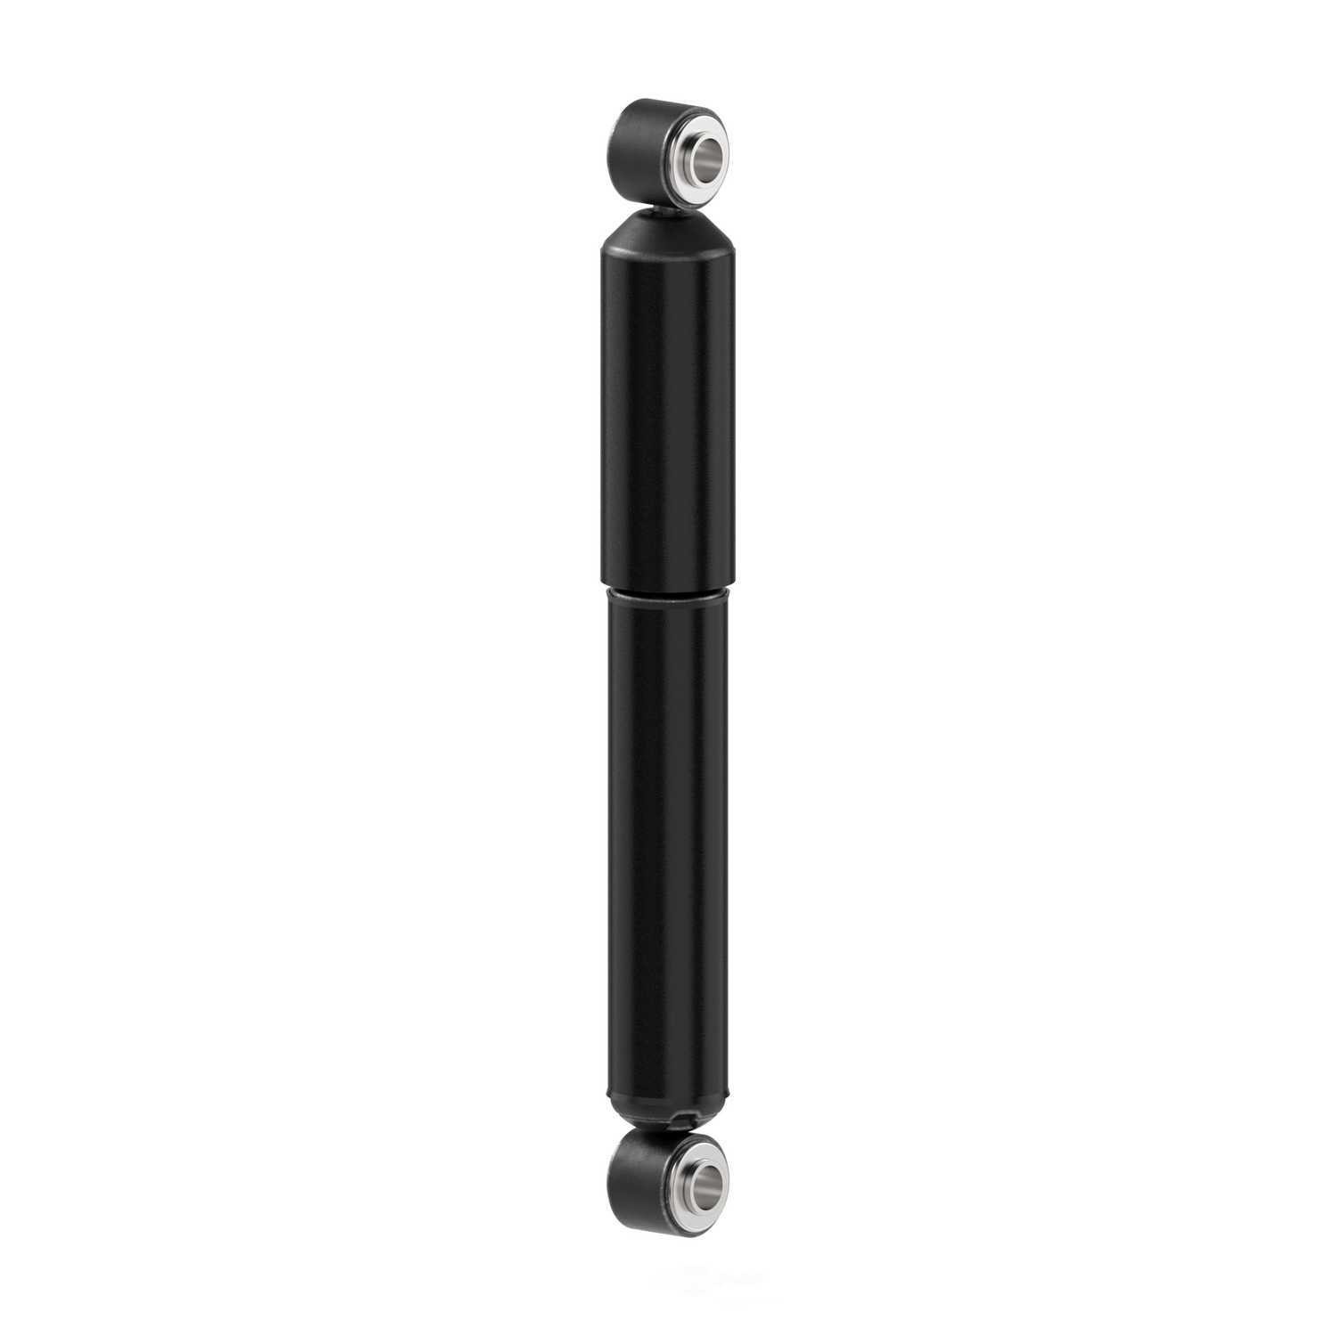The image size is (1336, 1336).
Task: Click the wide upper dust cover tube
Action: pos(666,401)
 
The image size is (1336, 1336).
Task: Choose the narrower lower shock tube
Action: pos(666,846)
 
